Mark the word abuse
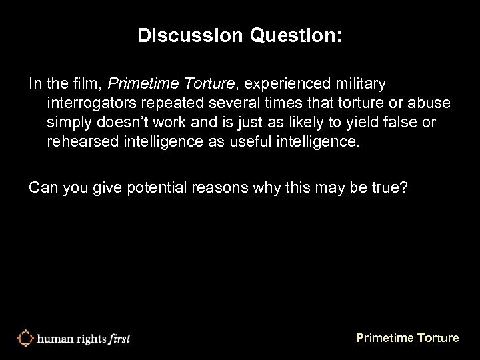(432, 104)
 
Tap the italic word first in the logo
(117, 338)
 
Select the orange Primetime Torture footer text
(407, 338)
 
